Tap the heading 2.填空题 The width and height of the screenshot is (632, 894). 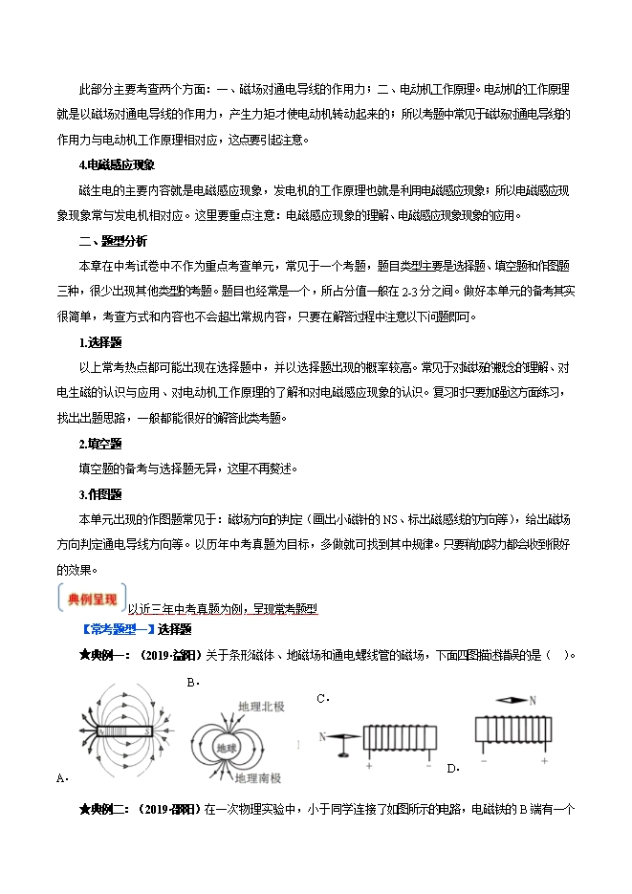(100, 444)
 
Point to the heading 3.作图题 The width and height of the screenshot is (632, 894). (100, 494)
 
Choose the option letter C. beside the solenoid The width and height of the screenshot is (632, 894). (322, 699)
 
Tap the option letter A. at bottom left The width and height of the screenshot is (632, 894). (61, 778)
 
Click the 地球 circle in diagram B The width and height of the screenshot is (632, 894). (228, 747)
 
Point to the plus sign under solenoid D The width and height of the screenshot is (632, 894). (543, 761)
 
